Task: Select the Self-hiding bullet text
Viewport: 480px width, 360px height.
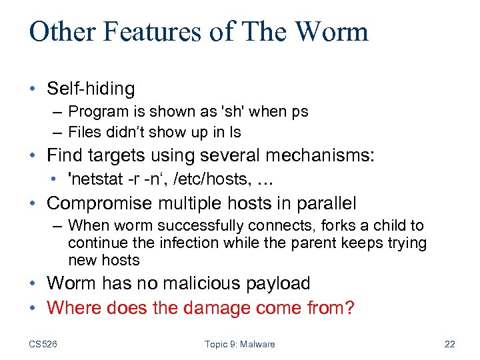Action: pyautogui.click(x=91, y=88)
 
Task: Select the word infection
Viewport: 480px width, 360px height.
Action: pyautogui.click(x=171, y=243)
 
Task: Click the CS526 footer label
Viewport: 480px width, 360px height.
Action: pyautogui.click(x=43, y=344)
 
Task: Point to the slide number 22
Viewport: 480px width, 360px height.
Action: pyautogui.click(x=449, y=344)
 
